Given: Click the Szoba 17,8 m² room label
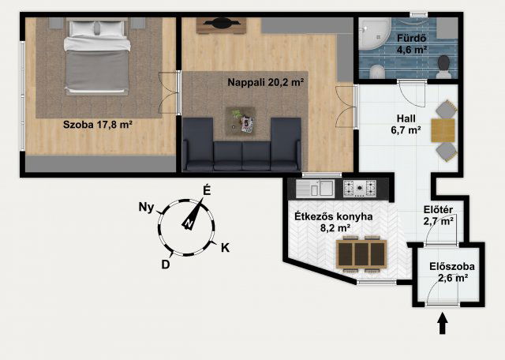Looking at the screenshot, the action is coord(98,125).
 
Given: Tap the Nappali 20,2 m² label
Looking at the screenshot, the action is coord(266,83).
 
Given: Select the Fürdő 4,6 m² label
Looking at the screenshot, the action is coord(411,44).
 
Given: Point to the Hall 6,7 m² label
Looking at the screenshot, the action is coord(406,124).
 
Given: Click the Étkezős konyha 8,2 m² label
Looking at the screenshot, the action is coord(334,222).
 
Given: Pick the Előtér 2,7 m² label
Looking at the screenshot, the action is coord(439,216).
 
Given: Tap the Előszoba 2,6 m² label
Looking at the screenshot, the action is coord(452,272).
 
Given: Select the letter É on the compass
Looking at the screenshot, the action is coord(207,191).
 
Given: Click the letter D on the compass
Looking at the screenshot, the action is coord(166,264).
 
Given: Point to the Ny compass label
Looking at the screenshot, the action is coord(146,208).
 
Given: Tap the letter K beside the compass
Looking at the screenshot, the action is coord(225,248).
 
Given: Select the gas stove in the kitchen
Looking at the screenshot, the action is coord(360,189).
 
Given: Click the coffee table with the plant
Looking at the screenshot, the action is coord(241,121).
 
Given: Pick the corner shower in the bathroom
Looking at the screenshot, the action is coord(373,33).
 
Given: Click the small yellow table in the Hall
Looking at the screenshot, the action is coord(443,130).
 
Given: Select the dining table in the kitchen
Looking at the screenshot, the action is coord(361,254).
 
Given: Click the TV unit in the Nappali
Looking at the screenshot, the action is coord(221,25).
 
